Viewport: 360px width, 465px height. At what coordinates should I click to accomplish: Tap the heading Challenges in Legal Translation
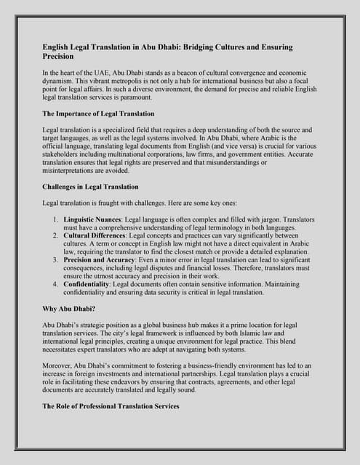click(x=91, y=187)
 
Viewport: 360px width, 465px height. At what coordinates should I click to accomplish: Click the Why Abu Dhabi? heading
click(x=72, y=309)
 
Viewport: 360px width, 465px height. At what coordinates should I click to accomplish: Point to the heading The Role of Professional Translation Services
click(x=111, y=406)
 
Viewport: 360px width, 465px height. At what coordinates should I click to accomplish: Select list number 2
click(x=56, y=235)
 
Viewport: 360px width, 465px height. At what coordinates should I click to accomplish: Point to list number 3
click(x=56, y=259)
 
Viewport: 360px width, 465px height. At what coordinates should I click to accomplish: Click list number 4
click(x=56, y=284)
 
